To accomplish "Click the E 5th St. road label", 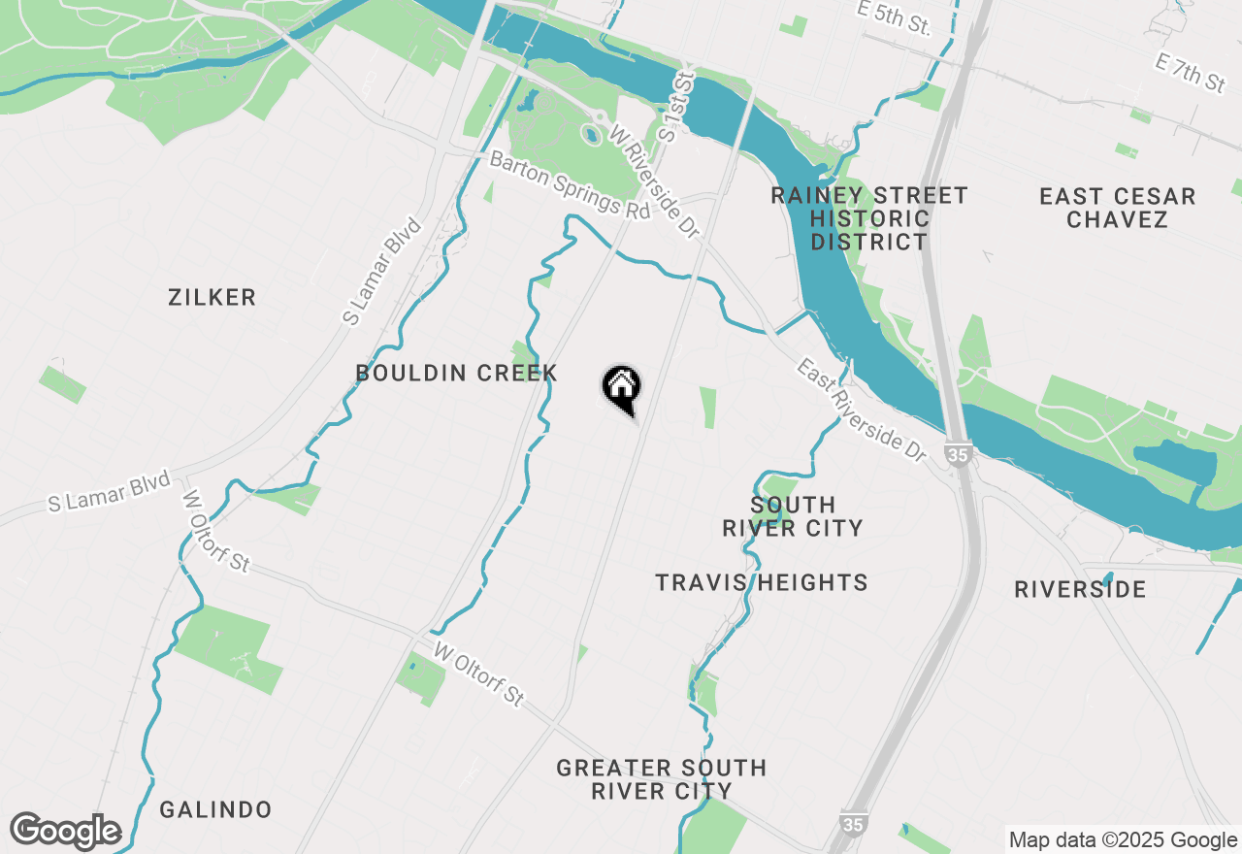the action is click(x=894, y=17).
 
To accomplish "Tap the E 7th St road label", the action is click(x=1190, y=73).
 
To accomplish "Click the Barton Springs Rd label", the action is click(x=569, y=185).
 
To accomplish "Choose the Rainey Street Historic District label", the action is click(x=869, y=218).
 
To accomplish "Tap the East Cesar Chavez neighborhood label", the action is click(x=1117, y=208).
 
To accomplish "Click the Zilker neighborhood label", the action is click(x=212, y=297).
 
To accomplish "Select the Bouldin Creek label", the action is click(x=456, y=373).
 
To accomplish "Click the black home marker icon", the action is click(x=621, y=389).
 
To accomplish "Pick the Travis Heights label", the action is click(x=761, y=582).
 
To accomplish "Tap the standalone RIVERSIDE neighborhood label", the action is click(x=1080, y=589).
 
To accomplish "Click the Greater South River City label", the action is click(x=661, y=779).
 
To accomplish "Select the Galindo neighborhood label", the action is click(x=215, y=809).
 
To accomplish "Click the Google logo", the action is click(x=65, y=830).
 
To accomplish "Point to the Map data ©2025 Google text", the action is click(x=1123, y=840).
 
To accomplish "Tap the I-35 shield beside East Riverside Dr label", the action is click(x=959, y=453).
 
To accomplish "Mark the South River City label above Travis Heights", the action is click(x=793, y=516).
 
